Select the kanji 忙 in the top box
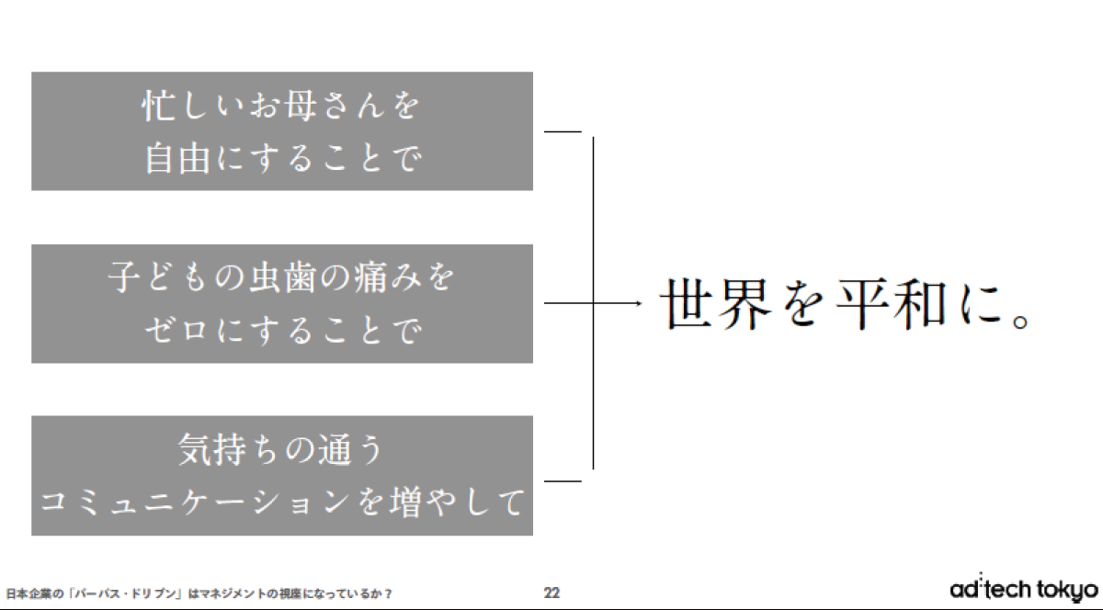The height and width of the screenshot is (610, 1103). pos(157,106)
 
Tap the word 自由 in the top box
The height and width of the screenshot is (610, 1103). pos(177,159)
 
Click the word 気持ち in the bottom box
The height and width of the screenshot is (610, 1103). pos(229,449)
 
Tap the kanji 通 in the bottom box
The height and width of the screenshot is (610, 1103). pos(335,449)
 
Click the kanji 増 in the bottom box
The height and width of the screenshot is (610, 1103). pos(406,503)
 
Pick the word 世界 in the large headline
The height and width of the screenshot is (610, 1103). pos(715,304)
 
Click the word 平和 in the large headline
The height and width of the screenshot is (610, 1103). pos(893,304)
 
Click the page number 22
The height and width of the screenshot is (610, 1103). pos(551,593)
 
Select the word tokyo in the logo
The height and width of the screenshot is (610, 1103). pos(1067,591)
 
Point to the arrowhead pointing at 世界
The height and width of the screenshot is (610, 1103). pos(639,303)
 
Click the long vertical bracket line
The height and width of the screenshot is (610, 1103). pos(593,303)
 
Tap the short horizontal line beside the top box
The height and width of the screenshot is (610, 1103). pos(563,131)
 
